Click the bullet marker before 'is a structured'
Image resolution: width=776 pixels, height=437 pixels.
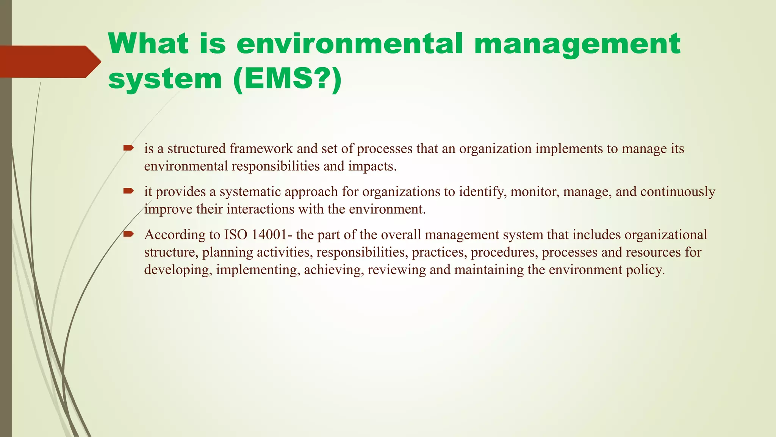[128, 148]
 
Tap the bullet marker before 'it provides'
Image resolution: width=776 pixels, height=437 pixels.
[128, 191]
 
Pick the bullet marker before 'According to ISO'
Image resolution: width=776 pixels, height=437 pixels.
[128, 234]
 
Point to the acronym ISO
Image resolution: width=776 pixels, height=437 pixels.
[236, 235]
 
